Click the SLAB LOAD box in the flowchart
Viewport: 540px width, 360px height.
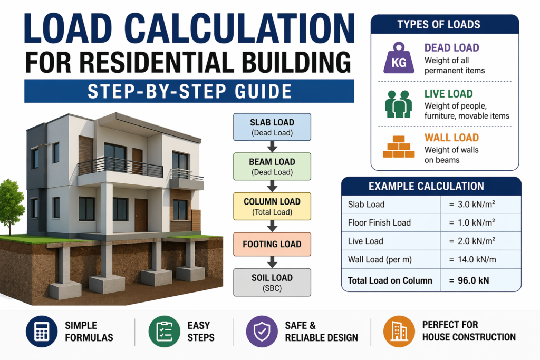(273, 127)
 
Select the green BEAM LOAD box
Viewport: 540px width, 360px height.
(273, 167)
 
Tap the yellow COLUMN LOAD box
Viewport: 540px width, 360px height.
(273, 206)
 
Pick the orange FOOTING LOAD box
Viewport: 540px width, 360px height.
(273, 244)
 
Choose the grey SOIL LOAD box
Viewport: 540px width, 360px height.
(273, 282)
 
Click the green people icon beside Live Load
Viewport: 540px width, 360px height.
(399, 104)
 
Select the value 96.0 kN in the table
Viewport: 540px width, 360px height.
(469, 280)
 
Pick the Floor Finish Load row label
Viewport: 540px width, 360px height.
(379, 222)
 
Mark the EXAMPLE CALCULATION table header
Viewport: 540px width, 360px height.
(431, 186)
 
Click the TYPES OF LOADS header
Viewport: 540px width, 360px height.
(446, 24)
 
